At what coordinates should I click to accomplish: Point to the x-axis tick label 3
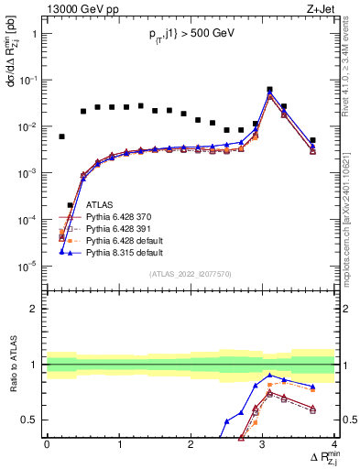point(262,444)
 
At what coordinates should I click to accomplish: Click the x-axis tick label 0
point(47,444)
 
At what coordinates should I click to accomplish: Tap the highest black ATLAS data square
point(269,90)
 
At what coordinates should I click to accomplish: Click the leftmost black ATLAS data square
point(61,136)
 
